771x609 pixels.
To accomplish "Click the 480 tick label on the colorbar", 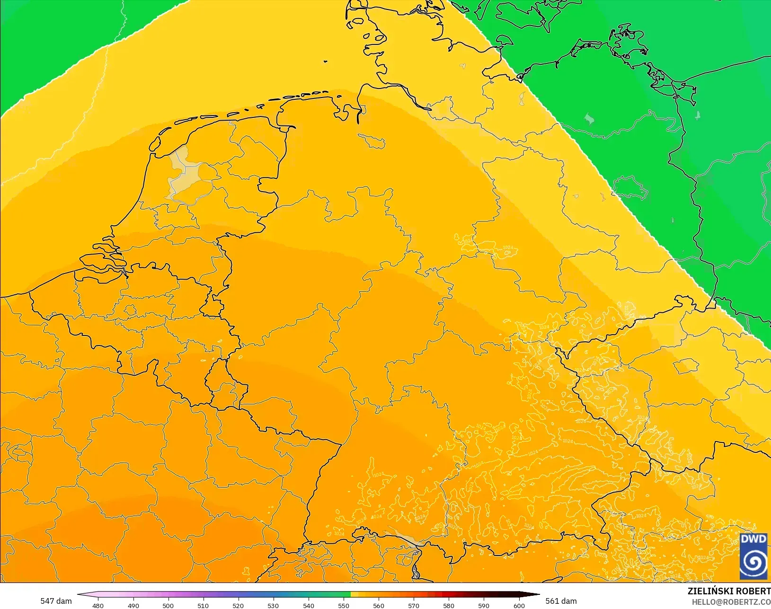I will click(x=98, y=606).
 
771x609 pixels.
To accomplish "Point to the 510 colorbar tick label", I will click(x=203, y=606).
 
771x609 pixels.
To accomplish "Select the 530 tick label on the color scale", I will click(x=273, y=606).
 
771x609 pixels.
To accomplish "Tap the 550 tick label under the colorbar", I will click(x=344, y=606).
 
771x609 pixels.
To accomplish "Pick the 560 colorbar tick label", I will click(x=379, y=606).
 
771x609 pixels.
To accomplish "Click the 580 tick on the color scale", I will click(x=449, y=606).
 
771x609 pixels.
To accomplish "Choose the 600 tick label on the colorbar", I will click(x=519, y=606).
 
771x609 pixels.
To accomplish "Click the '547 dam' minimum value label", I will click(x=56, y=601).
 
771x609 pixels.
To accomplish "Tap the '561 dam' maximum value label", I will click(x=561, y=601).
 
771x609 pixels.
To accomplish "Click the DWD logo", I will click(x=753, y=556).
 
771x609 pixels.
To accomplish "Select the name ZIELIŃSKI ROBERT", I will click(x=729, y=591).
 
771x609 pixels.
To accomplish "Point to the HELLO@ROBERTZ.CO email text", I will click(x=731, y=602).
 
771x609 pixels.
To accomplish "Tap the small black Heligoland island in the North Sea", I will click(x=326, y=61).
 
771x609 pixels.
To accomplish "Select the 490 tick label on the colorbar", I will click(x=133, y=606).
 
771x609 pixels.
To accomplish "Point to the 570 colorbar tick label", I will click(x=414, y=606).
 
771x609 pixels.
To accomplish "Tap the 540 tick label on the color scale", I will click(x=309, y=606).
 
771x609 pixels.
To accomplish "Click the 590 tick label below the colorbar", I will click(x=484, y=606).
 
